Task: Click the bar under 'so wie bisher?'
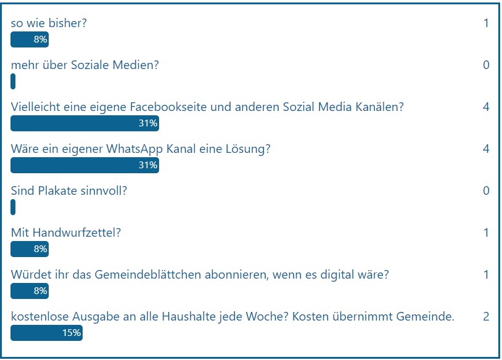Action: coord(30,40)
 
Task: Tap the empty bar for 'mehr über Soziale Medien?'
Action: coord(13,81)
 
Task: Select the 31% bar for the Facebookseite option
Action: coord(84,123)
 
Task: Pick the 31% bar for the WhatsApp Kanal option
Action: coord(84,165)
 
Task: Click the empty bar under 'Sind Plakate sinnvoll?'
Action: coord(13,207)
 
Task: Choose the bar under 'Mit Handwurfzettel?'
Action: coord(30,249)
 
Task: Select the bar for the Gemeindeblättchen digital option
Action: coord(30,291)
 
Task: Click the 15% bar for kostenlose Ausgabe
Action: coord(46,333)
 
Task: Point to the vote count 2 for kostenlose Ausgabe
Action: coord(486,317)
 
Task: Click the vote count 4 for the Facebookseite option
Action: coord(486,107)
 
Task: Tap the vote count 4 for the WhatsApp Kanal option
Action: coord(486,149)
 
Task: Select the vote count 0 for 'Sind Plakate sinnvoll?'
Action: coord(486,190)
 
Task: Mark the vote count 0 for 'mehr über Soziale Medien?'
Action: coord(486,65)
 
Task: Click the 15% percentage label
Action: coord(71,333)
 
